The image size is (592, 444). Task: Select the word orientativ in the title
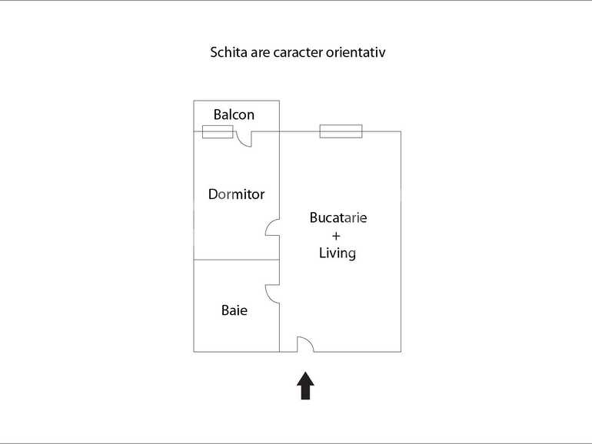click(x=356, y=52)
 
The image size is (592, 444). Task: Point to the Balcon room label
click(x=234, y=114)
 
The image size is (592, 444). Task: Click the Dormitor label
click(x=236, y=194)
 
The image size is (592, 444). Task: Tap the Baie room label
click(x=234, y=310)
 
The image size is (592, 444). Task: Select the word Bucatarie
click(x=338, y=217)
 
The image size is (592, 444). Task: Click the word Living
click(x=338, y=253)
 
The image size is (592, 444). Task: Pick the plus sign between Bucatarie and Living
click(x=336, y=236)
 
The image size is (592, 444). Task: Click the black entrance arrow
click(x=305, y=386)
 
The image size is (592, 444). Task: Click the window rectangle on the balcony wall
click(x=218, y=131)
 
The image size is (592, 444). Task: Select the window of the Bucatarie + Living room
click(x=341, y=131)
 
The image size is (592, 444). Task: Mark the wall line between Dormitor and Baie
click(x=237, y=260)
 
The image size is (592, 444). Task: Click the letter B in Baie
click(x=225, y=310)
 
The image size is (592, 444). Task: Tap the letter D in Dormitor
click(x=213, y=194)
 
